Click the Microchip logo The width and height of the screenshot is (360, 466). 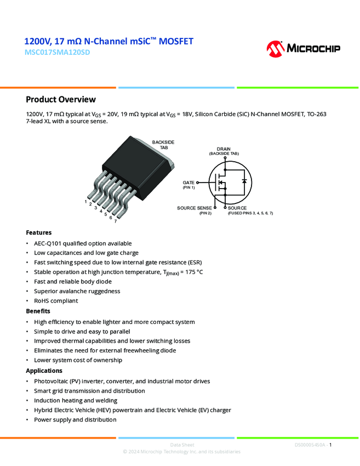click(303, 48)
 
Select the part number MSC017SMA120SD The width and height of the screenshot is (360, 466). click(56, 53)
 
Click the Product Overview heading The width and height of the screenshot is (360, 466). click(61, 99)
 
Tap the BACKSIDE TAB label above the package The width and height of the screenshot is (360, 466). click(163, 145)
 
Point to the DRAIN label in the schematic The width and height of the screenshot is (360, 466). click(224, 149)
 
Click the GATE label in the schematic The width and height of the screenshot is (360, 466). click(189, 182)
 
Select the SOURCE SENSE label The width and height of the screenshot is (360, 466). click(194, 208)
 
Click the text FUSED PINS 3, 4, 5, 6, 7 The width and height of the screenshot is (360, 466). click(250, 213)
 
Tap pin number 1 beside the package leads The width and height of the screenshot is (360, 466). click(85, 201)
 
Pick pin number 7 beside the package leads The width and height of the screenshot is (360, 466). click(115, 221)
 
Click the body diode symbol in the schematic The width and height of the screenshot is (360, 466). click(244, 180)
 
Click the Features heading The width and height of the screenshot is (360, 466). click(38, 232)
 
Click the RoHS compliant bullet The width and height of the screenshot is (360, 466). click(56, 300)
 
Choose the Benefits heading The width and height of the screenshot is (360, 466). click(38, 311)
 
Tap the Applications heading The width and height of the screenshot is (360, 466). click(44, 371)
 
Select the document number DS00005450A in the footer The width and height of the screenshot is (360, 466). click(310, 445)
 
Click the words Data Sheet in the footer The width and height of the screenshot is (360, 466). click(182, 445)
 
